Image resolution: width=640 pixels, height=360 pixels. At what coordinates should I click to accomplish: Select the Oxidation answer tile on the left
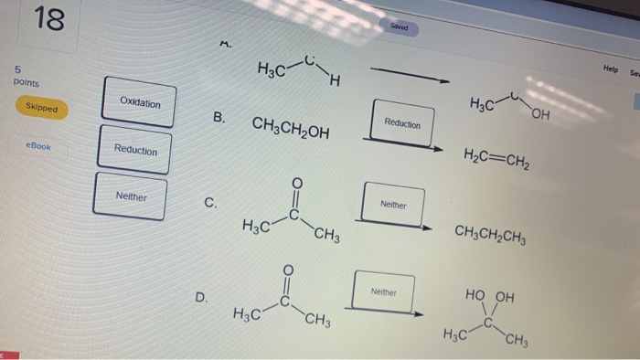[x=139, y=103]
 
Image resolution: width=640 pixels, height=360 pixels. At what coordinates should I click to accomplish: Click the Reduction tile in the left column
[x=135, y=150]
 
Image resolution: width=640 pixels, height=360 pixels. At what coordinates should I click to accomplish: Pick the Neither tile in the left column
[x=131, y=196]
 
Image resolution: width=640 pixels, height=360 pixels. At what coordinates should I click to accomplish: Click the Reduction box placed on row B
[x=402, y=123]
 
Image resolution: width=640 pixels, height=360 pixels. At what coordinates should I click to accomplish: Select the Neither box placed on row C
[x=393, y=205]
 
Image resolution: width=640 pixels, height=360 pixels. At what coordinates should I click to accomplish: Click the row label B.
[x=218, y=118]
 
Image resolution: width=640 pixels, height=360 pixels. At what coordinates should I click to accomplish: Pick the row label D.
[x=200, y=296]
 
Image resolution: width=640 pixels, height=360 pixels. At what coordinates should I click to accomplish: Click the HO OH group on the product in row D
[x=490, y=297]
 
